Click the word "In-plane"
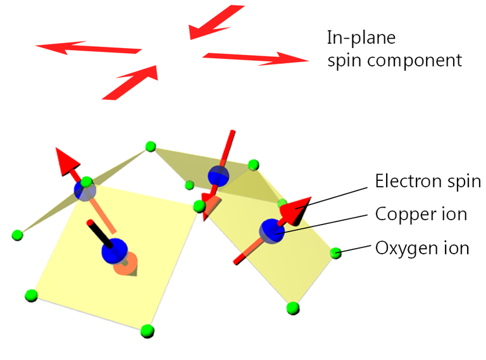click(x=361, y=38)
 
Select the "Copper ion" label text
click(x=421, y=214)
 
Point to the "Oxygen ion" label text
click(x=422, y=247)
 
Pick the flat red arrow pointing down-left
click(x=216, y=22)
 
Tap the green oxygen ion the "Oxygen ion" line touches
click(x=336, y=254)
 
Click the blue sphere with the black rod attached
click(x=115, y=251)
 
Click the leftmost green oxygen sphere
click(x=17, y=235)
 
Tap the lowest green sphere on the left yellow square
click(x=147, y=330)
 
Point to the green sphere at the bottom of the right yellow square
click(x=292, y=307)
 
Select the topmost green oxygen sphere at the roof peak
click(x=150, y=147)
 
